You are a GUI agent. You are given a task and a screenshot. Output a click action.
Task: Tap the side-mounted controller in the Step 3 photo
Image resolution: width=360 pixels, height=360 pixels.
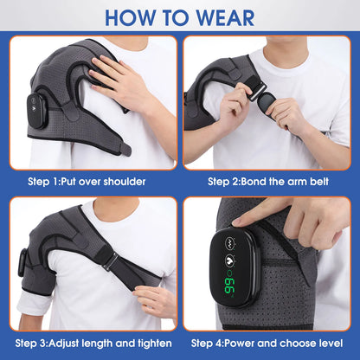click(x=23, y=260)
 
